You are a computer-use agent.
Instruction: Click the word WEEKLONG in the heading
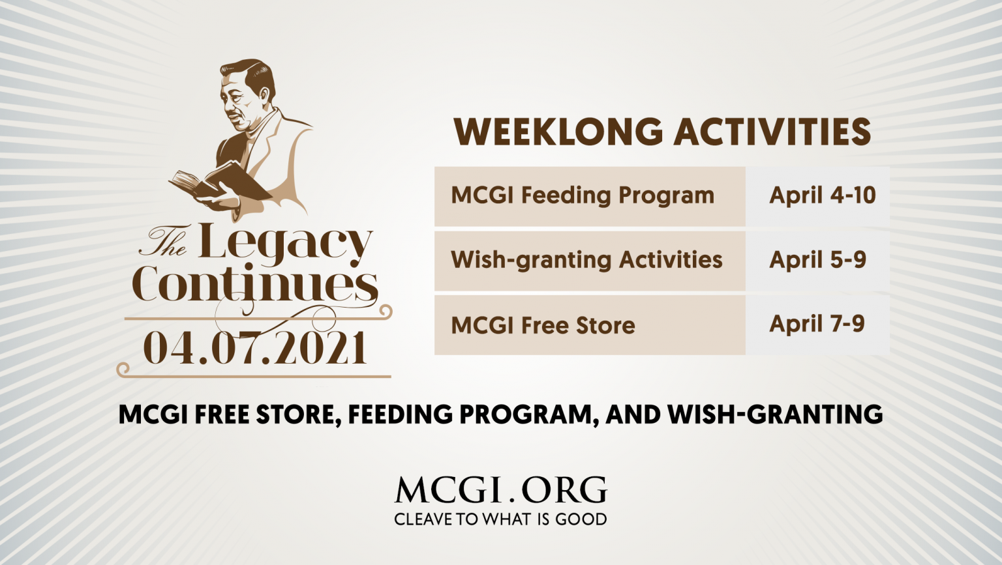click(x=558, y=132)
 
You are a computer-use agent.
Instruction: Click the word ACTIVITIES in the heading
click(x=772, y=132)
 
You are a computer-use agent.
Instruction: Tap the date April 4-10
click(x=822, y=196)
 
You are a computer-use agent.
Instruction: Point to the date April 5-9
click(x=817, y=260)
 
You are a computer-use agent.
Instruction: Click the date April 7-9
click(x=817, y=324)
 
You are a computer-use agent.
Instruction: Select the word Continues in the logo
click(x=254, y=284)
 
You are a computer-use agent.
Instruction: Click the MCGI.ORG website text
click(x=500, y=491)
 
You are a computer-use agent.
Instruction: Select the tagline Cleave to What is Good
click(x=500, y=519)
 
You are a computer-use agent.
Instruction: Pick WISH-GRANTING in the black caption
click(x=775, y=414)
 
